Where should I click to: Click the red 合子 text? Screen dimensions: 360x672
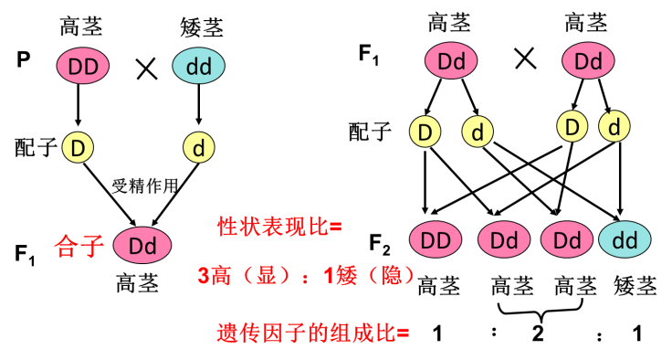[x=79, y=246]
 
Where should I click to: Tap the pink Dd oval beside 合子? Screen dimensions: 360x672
[x=142, y=246]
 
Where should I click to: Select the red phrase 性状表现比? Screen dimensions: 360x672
[x=272, y=227]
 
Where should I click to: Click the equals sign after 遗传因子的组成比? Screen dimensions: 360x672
[x=404, y=334]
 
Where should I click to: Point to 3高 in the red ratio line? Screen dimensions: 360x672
[x=215, y=276]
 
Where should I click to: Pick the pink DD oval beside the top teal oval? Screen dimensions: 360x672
[x=83, y=66]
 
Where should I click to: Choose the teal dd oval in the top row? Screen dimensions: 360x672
[x=198, y=66]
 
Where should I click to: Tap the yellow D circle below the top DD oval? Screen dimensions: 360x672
[x=78, y=147]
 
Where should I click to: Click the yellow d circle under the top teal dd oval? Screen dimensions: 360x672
[x=199, y=147]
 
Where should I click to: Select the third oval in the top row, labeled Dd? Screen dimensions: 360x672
[x=451, y=60]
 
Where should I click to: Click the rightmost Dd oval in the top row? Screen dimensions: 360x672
[x=588, y=60]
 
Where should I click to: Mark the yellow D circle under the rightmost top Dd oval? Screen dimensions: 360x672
[x=572, y=126]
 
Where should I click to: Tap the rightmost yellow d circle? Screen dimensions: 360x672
[x=614, y=126]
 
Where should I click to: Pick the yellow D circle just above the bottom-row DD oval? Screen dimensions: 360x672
[x=425, y=132]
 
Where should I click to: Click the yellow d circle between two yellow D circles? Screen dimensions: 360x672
[x=478, y=132]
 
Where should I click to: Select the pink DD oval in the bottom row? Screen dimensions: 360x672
[x=436, y=239]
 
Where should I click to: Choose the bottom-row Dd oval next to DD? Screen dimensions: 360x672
[x=504, y=239]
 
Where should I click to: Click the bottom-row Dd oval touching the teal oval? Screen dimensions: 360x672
[x=567, y=239]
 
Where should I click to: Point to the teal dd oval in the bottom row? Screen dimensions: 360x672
[x=625, y=239]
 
